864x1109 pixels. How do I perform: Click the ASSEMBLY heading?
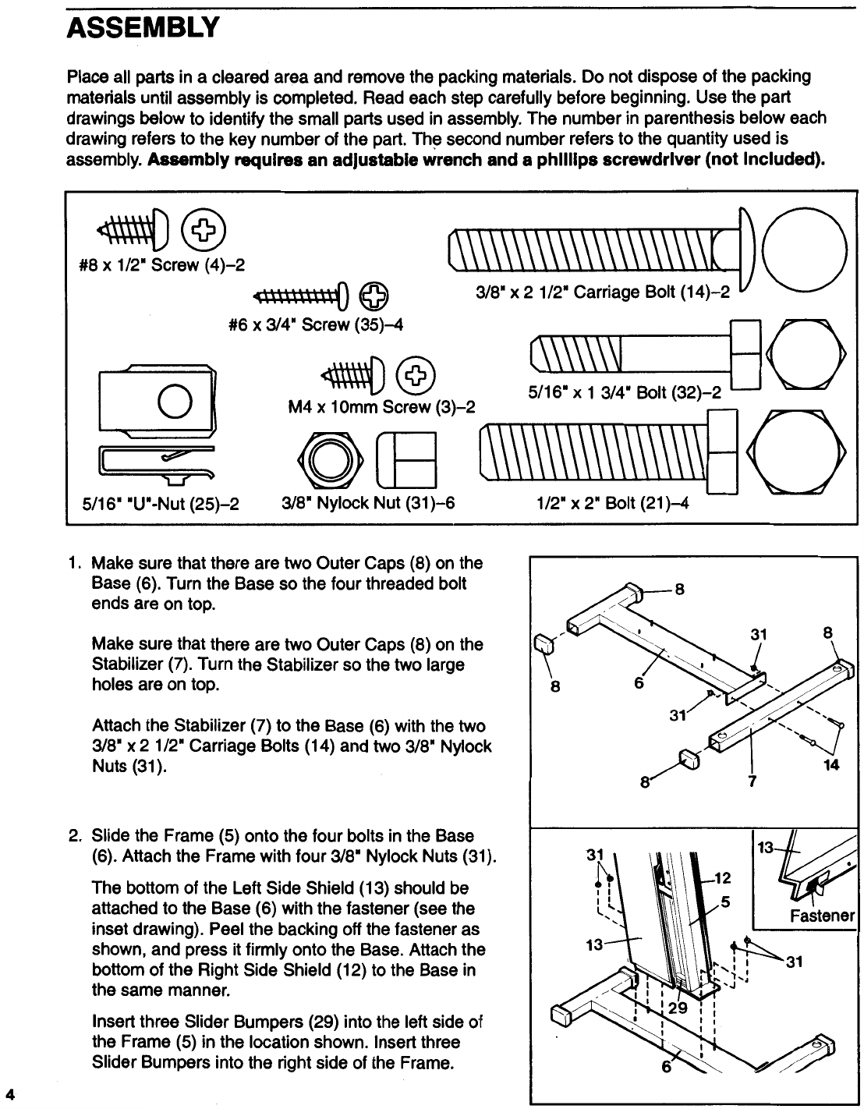pos(140,29)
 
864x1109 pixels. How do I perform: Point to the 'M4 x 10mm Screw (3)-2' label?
pos(382,406)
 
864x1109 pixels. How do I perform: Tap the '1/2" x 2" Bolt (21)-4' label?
pos(609,503)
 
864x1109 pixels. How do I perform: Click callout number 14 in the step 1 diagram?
pos(831,765)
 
